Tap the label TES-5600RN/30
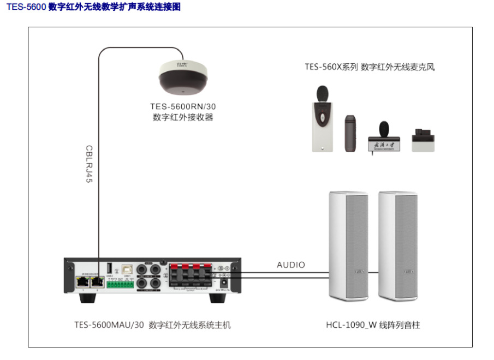click(183, 106)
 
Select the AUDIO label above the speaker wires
click(291, 265)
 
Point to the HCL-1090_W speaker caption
click(373, 325)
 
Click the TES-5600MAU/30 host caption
click(152, 325)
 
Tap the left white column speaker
click(349, 247)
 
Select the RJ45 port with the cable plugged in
click(98, 281)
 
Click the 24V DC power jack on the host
click(223, 284)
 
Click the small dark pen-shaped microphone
click(350, 134)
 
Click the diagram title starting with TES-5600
click(93, 7)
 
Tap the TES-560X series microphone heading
click(373, 67)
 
